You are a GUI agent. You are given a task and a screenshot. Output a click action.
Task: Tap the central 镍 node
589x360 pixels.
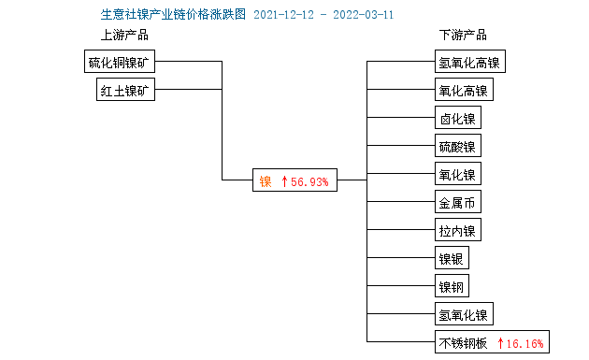266,181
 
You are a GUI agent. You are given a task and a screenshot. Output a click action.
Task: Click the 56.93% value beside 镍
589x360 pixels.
310,181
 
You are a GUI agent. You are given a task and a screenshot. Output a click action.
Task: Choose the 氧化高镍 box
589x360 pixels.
463,91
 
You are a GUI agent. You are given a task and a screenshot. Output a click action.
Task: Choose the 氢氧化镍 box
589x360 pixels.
463,313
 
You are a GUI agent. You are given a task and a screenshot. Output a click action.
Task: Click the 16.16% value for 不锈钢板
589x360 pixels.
525,342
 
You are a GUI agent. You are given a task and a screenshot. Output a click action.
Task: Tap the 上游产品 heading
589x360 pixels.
124,36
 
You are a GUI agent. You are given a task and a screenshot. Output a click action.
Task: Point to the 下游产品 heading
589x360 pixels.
463,36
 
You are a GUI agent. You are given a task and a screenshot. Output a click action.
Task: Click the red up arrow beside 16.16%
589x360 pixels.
501,342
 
